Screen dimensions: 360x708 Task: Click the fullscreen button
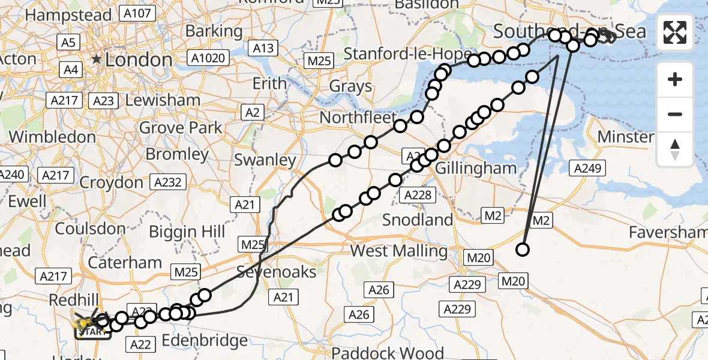(675, 32)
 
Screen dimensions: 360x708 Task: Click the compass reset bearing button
(675, 149)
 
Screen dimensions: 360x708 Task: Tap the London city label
(139, 59)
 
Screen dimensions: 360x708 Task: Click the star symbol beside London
(96, 59)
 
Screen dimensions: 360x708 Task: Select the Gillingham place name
(476, 168)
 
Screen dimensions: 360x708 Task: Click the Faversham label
(668, 232)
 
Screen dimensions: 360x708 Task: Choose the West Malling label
(399, 250)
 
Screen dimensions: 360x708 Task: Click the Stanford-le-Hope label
(408, 54)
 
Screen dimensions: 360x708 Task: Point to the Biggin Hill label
(187, 231)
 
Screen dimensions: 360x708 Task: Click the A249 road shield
(587, 169)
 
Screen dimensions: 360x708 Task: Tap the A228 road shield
(418, 194)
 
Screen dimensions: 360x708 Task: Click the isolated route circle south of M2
(523, 250)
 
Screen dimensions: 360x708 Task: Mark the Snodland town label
(418, 220)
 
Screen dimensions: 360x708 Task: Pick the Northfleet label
(358, 117)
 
